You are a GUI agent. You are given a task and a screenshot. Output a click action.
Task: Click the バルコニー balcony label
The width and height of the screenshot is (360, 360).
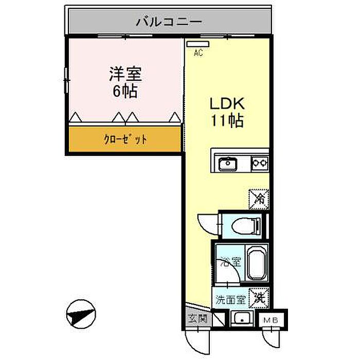coord(169,22)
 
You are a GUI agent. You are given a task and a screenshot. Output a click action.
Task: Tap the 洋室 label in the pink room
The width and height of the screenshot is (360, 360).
coord(125,74)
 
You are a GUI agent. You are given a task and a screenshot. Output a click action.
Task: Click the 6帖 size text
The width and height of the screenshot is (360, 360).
coord(125,92)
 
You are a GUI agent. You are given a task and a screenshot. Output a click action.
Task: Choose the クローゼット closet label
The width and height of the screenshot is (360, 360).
coord(125,139)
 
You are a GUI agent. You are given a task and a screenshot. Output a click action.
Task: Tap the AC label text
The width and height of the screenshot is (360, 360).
coord(197,52)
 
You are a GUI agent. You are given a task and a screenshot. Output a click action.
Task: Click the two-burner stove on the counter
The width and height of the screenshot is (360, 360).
coord(260,164)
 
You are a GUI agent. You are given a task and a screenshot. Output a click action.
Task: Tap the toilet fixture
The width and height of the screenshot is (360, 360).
coord(244,225)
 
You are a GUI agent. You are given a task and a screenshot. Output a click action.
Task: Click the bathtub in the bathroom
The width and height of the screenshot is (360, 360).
coord(256,263)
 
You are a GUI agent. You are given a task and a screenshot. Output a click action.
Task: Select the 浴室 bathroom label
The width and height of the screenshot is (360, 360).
coord(229,261)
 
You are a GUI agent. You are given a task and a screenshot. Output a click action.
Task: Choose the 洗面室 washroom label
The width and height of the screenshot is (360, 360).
coord(229,299)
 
